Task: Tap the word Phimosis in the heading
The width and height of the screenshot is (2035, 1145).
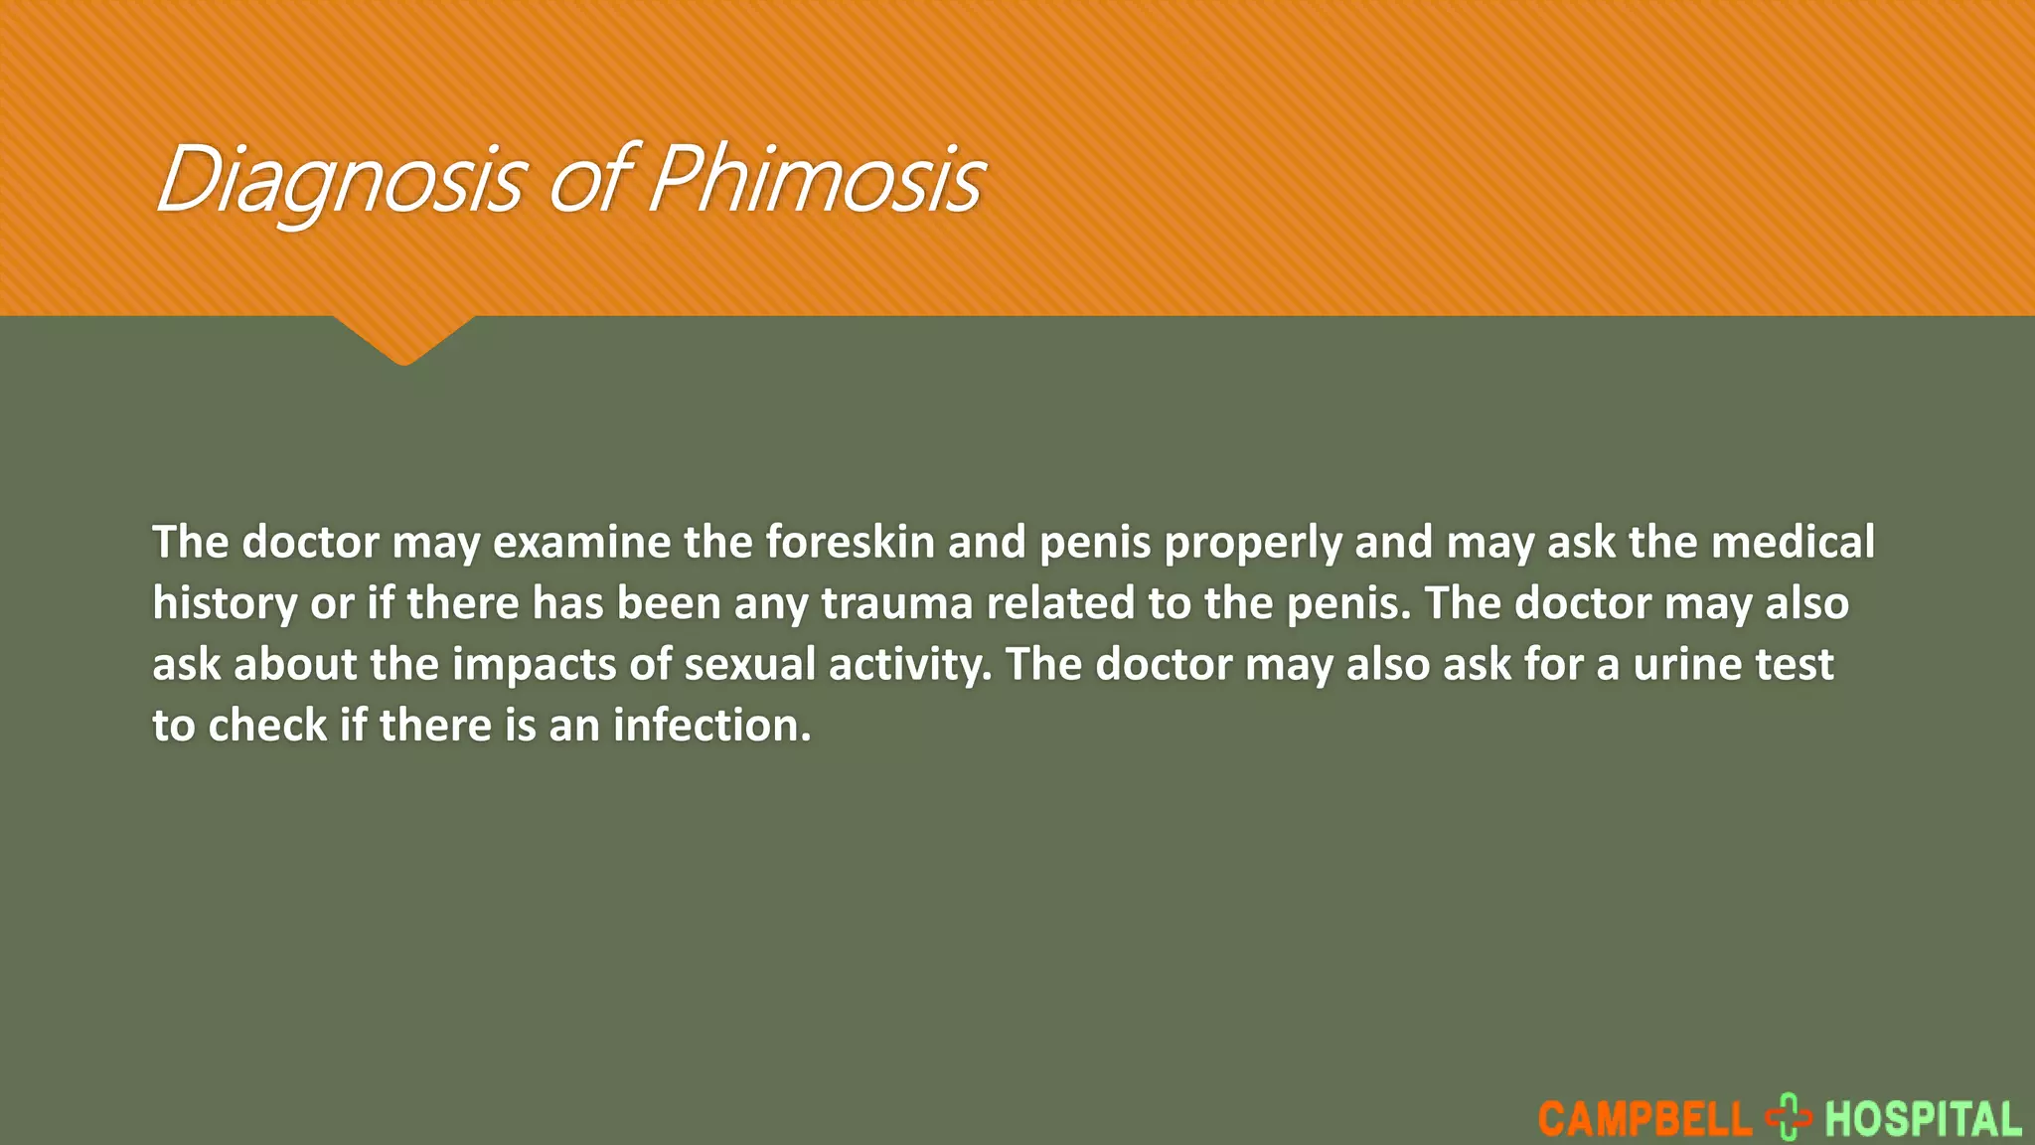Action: tap(816, 180)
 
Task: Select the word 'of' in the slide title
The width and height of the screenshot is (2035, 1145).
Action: tap(587, 180)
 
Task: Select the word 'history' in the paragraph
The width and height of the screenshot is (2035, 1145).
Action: tap(225, 604)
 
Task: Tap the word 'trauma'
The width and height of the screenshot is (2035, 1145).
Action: tap(896, 604)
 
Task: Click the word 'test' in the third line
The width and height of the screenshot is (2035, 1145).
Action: tap(1795, 665)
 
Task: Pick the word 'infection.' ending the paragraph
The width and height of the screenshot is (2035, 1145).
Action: tap(711, 726)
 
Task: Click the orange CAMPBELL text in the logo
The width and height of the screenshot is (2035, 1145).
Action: tap(1644, 1119)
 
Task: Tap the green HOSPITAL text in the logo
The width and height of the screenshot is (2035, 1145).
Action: tap(1923, 1119)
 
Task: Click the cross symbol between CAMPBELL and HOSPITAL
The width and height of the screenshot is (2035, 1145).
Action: tap(1789, 1117)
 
